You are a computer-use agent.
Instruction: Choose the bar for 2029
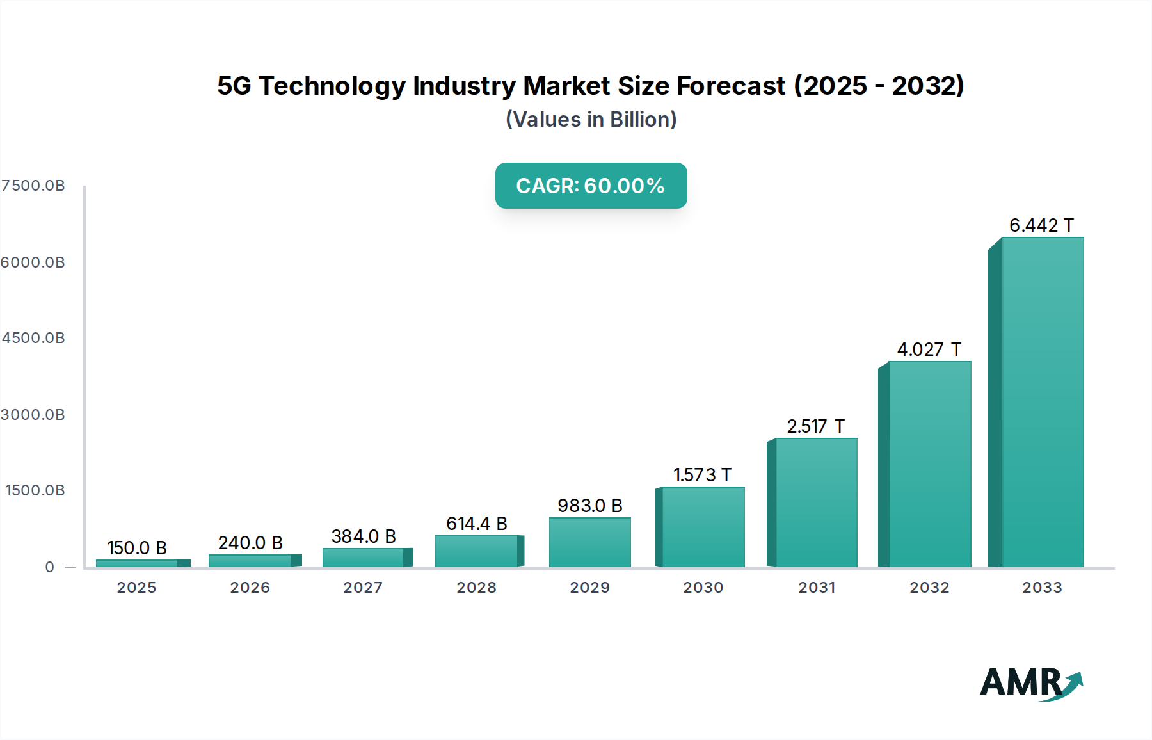[x=589, y=542]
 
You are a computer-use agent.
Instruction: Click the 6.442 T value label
[x=1041, y=225]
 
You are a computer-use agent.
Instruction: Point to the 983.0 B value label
[x=589, y=506]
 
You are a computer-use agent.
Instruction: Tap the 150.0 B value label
[x=136, y=548]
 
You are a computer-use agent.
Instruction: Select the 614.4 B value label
[x=476, y=524]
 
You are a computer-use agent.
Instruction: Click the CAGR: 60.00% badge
[x=591, y=186]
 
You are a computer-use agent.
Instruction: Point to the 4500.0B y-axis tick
[x=33, y=338]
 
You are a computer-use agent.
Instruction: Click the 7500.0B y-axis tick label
[x=33, y=186]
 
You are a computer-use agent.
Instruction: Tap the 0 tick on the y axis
[x=50, y=567]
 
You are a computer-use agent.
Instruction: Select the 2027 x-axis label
[x=363, y=588]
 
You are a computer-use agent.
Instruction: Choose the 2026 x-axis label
[x=250, y=588]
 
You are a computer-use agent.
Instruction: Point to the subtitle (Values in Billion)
[x=591, y=120]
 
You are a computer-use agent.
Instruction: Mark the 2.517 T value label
[x=815, y=426]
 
